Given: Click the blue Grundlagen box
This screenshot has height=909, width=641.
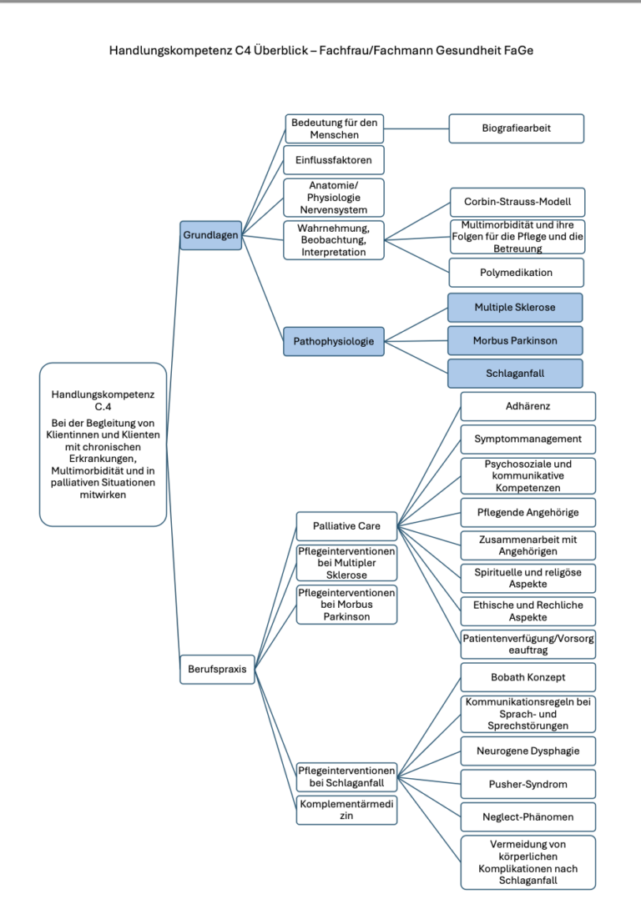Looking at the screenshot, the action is click(210, 235).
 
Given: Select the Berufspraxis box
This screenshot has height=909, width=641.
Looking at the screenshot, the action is click(217, 669).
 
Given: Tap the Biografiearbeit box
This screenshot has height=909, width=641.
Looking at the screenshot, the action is click(517, 128).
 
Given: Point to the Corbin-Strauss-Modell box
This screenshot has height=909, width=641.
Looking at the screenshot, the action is click(517, 202).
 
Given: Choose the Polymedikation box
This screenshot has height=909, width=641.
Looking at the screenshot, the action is click(517, 273).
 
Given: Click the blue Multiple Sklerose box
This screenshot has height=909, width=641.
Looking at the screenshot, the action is click(515, 307).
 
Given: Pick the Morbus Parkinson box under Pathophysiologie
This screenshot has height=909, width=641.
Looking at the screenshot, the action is click(515, 340).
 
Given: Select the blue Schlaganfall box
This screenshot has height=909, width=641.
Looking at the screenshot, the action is click(515, 374).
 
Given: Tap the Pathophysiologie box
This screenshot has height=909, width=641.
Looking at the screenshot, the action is click(334, 341).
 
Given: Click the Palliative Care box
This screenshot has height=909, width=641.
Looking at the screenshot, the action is click(347, 526).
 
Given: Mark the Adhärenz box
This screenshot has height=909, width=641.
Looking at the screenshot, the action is click(527, 406).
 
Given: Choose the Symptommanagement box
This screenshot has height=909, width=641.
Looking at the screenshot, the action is click(527, 439).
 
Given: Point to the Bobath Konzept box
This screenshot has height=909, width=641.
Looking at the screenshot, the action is click(527, 677).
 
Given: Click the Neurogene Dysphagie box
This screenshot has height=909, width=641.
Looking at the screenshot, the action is click(527, 751).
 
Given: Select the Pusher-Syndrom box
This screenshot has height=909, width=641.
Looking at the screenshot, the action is click(527, 785).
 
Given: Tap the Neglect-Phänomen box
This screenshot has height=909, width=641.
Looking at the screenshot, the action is click(527, 816).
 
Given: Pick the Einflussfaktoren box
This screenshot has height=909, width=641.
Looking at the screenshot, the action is click(334, 160).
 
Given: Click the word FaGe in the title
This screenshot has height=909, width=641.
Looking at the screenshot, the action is click(518, 50).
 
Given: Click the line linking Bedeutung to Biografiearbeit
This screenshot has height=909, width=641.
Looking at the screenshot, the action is click(416, 128).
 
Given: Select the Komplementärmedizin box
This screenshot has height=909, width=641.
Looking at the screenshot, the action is click(347, 810).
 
